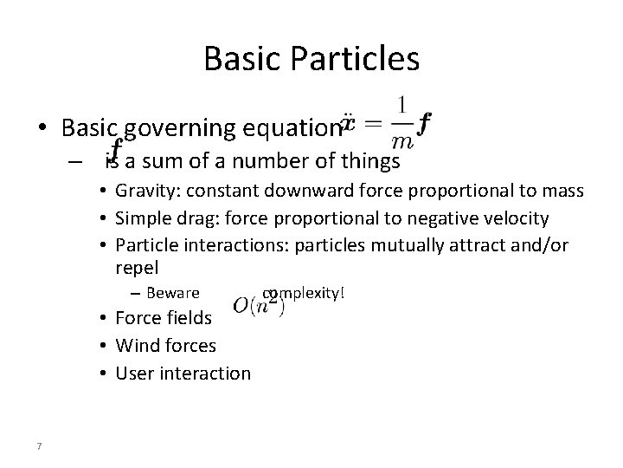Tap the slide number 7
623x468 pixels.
[x=40, y=446]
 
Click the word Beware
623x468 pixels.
[x=173, y=293]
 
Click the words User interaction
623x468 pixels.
[x=183, y=374]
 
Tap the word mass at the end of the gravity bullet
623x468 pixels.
[x=563, y=191]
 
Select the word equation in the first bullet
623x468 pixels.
[x=297, y=129]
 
